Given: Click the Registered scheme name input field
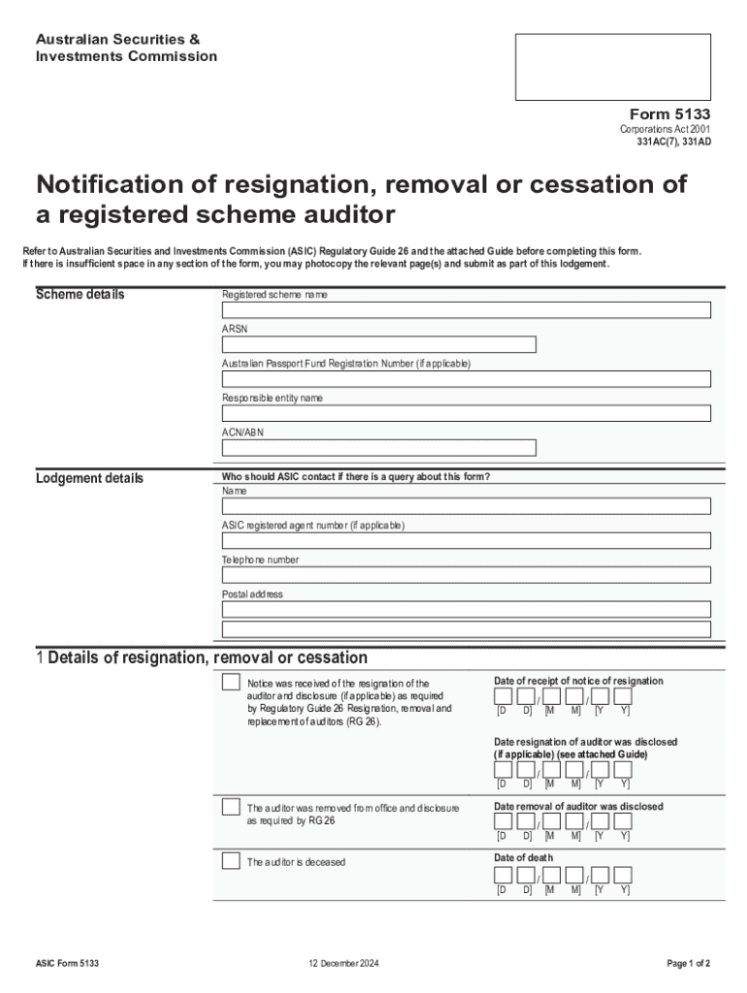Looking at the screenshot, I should [x=466, y=310].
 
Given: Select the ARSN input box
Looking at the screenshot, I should [x=378, y=344].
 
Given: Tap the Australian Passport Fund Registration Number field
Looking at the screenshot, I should [x=466, y=379].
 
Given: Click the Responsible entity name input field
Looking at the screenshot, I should [x=466, y=413].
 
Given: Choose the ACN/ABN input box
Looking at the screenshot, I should [x=378, y=448].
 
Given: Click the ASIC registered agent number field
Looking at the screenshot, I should [x=466, y=540].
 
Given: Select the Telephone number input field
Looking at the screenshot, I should [x=466, y=575].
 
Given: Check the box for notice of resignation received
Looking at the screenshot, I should [x=231, y=682].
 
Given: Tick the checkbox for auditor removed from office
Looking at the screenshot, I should [x=231, y=807].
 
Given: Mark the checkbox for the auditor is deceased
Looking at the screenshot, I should [x=231, y=861].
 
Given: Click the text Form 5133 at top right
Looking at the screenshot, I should [x=670, y=114].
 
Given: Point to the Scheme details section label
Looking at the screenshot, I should [x=80, y=295].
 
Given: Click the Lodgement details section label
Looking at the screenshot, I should [x=89, y=478].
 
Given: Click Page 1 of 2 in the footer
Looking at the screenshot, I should [x=689, y=963].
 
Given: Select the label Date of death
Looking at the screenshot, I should [x=524, y=857].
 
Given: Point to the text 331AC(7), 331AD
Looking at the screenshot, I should [x=673, y=143].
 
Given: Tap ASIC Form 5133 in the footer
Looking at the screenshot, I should [x=67, y=963].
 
